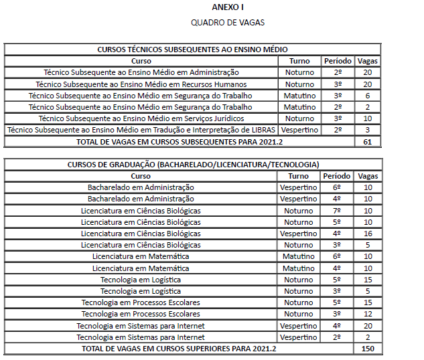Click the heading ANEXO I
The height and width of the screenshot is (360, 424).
(x=228, y=7)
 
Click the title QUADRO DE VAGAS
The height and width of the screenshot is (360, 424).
(x=228, y=22)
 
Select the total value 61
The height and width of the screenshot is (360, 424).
(x=367, y=141)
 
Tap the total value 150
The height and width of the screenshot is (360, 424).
(x=367, y=349)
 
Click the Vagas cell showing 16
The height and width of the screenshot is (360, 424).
(x=367, y=234)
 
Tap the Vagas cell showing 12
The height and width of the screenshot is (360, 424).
(x=367, y=314)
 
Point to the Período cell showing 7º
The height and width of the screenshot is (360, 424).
(x=338, y=211)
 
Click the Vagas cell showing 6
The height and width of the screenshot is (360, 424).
(x=367, y=96)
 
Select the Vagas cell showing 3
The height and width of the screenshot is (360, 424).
(x=367, y=130)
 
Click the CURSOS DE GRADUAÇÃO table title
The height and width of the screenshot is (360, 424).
(x=193, y=165)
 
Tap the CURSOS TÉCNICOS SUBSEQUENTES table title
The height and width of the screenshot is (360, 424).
(x=193, y=50)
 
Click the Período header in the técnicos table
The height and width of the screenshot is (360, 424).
(x=338, y=61)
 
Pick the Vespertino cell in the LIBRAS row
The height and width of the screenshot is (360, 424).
(x=299, y=130)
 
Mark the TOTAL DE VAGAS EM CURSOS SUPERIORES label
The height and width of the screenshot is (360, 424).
(x=178, y=349)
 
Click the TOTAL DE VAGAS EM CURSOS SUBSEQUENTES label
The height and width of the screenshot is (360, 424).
(x=178, y=141)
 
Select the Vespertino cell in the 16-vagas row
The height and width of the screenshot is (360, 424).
(x=299, y=234)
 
